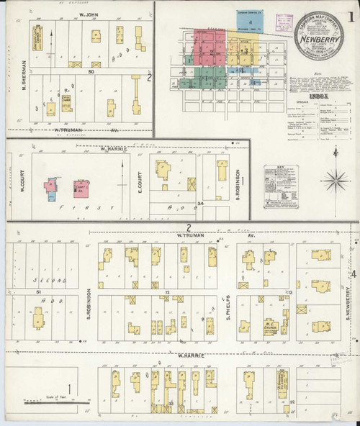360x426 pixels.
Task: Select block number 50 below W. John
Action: [x=91, y=72]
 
